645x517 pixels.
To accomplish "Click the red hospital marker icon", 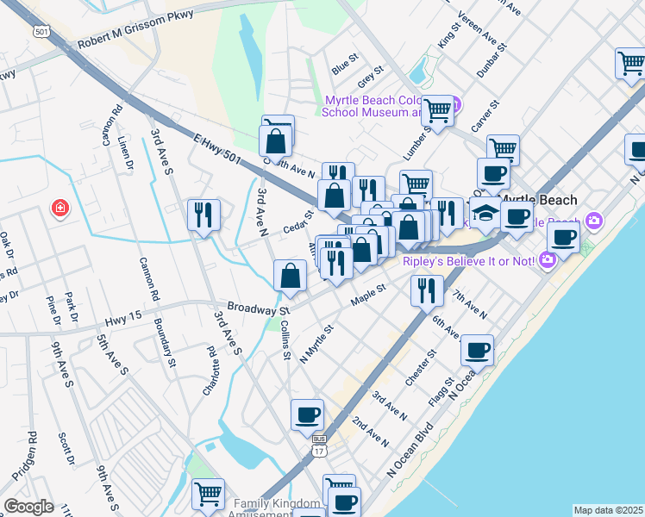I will (x=59, y=208).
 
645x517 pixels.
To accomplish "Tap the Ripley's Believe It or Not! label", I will (x=471, y=259).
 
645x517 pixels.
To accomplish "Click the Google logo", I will (x=28, y=507).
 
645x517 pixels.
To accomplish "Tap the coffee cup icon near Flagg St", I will (x=477, y=349).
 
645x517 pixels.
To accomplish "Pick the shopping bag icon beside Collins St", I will (x=291, y=276).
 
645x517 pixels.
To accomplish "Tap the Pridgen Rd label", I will (x=33, y=454).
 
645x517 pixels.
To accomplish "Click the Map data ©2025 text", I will (x=608, y=510).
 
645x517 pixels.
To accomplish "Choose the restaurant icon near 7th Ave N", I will (x=427, y=290).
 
